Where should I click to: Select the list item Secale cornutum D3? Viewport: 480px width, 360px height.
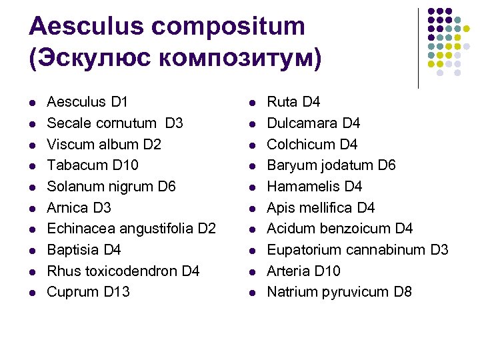pyautogui.click(x=115, y=123)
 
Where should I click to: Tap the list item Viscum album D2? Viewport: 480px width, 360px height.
pyautogui.click(x=104, y=144)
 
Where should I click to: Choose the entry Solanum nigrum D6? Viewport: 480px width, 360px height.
pyautogui.click(x=111, y=187)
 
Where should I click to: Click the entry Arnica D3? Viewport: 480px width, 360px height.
pyautogui.click(x=79, y=207)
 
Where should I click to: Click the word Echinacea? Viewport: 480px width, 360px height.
pyautogui.click(x=77, y=229)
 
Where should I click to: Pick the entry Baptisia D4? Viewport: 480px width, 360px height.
pyautogui.click(x=84, y=250)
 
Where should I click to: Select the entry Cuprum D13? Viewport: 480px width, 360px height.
pyautogui.click(x=89, y=292)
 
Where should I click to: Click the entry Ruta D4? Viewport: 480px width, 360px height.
pyautogui.click(x=293, y=102)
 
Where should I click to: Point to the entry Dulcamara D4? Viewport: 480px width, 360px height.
pyautogui.click(x=313, y=123)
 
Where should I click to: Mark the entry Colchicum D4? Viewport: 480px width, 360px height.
pyautogui.click(x=312, y=144)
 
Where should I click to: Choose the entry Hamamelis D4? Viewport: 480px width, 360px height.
pyautogui.click(x=314, y=187)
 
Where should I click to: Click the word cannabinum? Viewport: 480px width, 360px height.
pyautogui.click(x=389, y=250)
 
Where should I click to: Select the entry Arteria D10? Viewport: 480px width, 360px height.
pyautogui.click(x=303, y=271)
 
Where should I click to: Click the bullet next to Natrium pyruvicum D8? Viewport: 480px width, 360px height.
pyautogui.click(x=253, y=292)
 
